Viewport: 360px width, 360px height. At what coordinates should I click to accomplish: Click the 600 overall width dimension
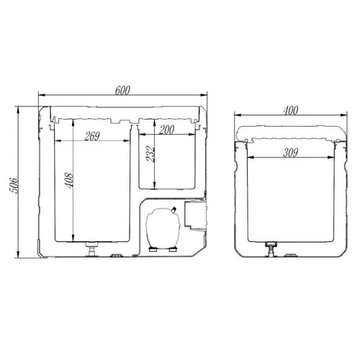click(x=122, y=91)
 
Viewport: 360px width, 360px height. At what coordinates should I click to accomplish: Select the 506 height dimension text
click(x=14, y=186)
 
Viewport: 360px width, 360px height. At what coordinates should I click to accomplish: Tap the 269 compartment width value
click(x=92, y=136)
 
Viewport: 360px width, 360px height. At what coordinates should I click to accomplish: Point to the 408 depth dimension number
click(x=69, y=181)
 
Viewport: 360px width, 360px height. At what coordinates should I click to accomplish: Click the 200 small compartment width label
click(x=167, y=130)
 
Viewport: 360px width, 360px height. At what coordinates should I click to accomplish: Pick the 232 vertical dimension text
click(x=150, y=154)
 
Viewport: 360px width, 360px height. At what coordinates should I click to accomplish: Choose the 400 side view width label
click(x=291, y=111)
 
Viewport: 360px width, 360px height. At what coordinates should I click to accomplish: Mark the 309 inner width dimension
click(x=291, y=153)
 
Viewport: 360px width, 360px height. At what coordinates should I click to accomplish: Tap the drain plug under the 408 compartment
click(x=91, y=249)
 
